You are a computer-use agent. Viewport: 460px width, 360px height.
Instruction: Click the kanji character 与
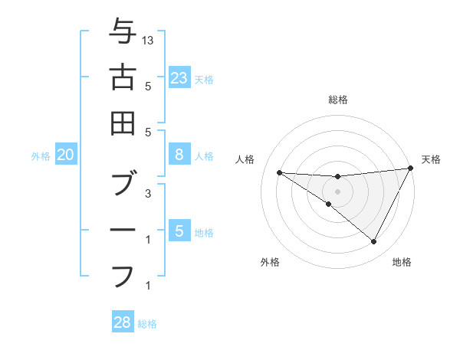pyautogui.click(x=122, y=33)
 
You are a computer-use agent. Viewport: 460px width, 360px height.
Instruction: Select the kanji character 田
pyautogui.click(x=122, y=122)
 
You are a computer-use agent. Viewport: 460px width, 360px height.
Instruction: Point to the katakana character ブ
pyautogui.click(x=122, y=185)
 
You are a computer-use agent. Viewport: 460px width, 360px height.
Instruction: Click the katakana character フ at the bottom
pyautogui.click(x=122, y=274)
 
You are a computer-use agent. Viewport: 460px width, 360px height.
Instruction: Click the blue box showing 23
pyautogui.click(x=179, y=78)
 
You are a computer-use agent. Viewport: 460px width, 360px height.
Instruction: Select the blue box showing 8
pyautogui.click(x=179, y=155)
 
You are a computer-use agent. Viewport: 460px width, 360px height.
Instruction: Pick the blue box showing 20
pyautogui.click(x=65, y=155)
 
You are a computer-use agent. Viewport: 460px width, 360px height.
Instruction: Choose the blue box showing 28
pyautogui.click(x=122, y=322)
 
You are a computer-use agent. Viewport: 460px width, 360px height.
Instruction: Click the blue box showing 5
pyautogui.click(x=179, y=231)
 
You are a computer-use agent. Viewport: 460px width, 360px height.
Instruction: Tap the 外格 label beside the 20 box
pyautogui.click(x=41, y=156)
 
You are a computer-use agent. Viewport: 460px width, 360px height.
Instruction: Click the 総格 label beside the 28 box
pyautogui.click(x=147, y=324)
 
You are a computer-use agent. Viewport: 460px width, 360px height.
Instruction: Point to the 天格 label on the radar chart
pyautogui.click(x=431, y=159)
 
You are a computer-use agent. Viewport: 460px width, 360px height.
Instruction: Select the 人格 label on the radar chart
pyautogui.click(x=245, y=159)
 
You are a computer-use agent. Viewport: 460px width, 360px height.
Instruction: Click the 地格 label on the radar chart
pyautogui.click(x=402, y=262)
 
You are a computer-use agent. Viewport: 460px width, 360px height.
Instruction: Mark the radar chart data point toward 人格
pyautogui.click(x=279, y=172)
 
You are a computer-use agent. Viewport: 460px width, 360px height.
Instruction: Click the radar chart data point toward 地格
pyautogui.click(x=374, y=242)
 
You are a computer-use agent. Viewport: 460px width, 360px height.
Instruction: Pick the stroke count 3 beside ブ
pyautogui.click(x=148, y=194)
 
